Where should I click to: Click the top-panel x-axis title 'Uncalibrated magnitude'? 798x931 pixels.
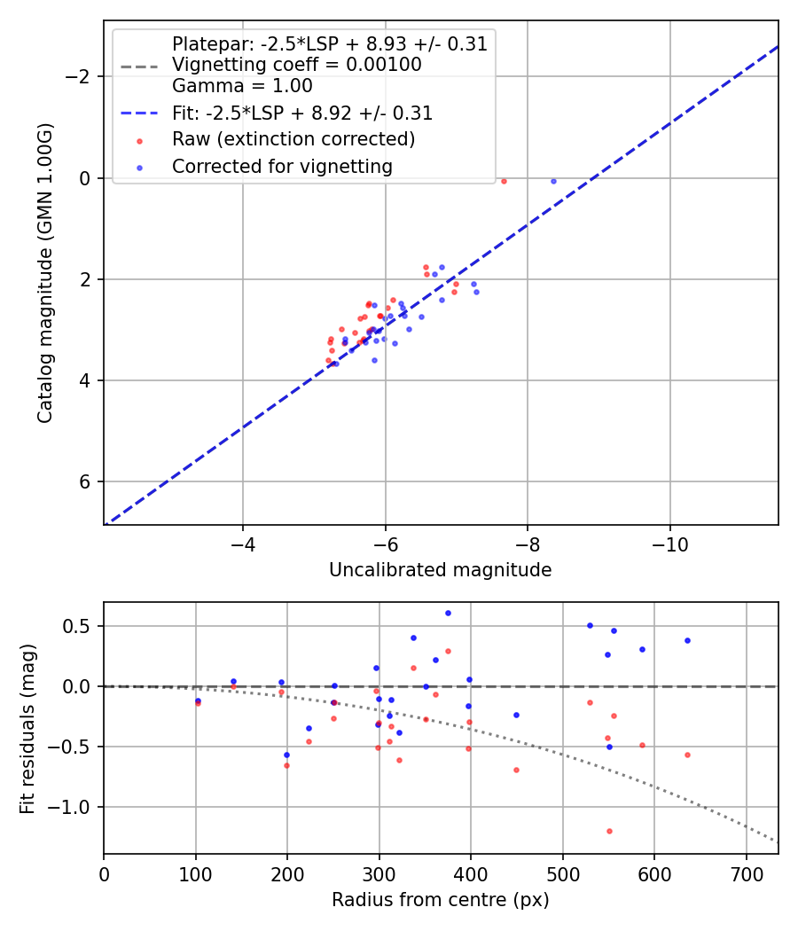pyautogui.click(x=440, y=570)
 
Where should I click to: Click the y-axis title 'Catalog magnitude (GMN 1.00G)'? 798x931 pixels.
pyautogui.click(x=45, y=273)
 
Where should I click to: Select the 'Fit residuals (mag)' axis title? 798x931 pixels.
pyautogui.click(x=27, y=728)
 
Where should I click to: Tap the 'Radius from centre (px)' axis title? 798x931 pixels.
pyautogui.click(x=440, y=900)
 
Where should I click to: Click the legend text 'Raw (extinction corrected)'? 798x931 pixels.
pyautogui.click(x=293, y=139)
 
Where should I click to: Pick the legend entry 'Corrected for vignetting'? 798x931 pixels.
pyautogui.click(x=282, y=166)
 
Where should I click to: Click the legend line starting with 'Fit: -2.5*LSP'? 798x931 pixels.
pyautogui.click(x=302, y=113)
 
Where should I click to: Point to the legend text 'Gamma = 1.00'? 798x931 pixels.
pyautogui.click(x=242, y=87)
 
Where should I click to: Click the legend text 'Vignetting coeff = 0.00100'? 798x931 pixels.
pyautogui.click(x=296, y=65)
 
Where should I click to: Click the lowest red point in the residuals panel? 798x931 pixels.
pyautogui.click(x=609, y=831)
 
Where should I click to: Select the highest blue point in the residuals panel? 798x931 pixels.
pyautogui.click(x=448, y=613)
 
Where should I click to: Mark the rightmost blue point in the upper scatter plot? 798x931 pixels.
pyautogui.click(x=553, y=181)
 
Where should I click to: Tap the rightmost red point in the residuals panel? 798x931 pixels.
pyautogui.click(x=687, y=755)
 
